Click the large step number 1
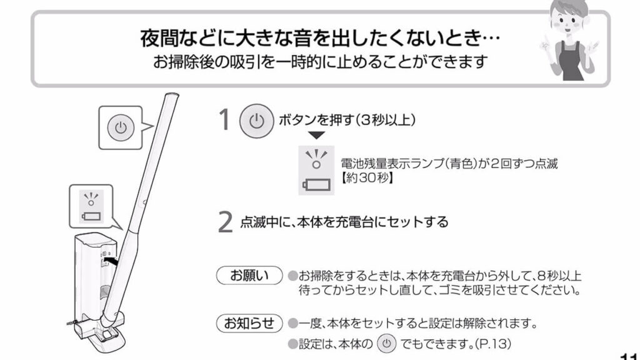click(224, 121)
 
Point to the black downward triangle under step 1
click(317, 136)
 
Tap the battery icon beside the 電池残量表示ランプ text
click(316, 184)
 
